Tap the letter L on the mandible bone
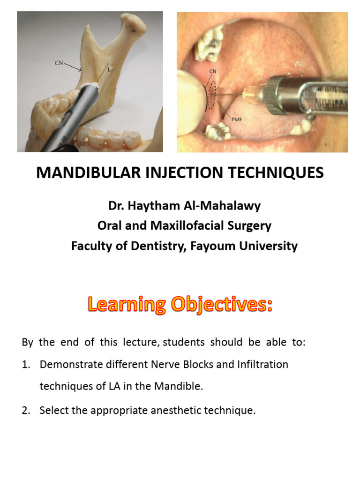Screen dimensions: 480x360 pyautogui.click(x=109, y=67)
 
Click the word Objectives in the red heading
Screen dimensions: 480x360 pyautogui.click(x=223, y=306)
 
